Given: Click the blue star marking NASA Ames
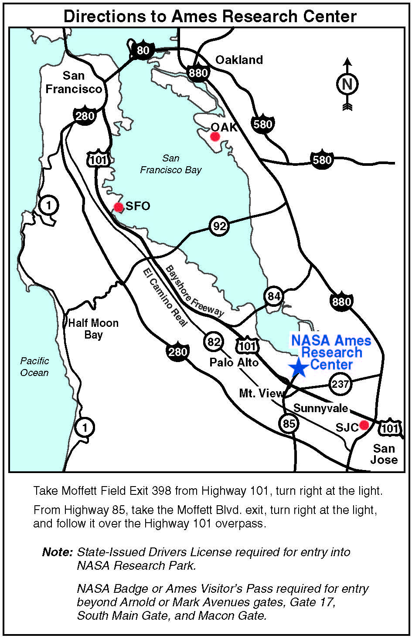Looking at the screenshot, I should point(299,367).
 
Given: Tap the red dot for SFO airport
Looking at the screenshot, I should point(118,207).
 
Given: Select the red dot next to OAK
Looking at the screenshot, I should point(215,137).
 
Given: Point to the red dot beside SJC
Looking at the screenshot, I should point(364,425).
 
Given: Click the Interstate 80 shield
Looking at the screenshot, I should point(143,50).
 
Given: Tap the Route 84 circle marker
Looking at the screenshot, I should point(274,297).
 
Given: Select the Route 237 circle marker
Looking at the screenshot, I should point(340,384).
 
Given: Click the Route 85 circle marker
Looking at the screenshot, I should point(289,423).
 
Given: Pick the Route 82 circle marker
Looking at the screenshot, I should point(214,342).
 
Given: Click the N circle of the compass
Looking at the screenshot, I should point(347,84).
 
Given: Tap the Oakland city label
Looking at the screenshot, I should point(239,60).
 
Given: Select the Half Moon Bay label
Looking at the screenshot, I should point(93,329).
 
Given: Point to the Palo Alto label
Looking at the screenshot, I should point(234,363).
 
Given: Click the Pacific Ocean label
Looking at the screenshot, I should point(34,367).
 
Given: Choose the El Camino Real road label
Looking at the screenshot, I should point(165,297).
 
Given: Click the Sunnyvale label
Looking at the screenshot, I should point(321,409).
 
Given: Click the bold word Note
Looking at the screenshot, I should point(57,552).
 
